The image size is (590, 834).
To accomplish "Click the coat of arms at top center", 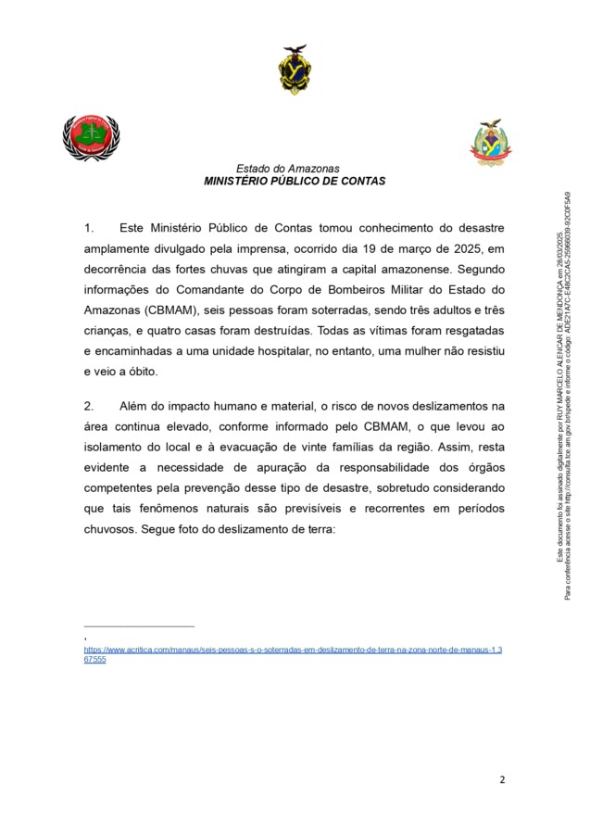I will click(x=295, y=69).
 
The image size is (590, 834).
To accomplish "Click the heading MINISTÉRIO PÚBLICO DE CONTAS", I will click(x=295, y=182).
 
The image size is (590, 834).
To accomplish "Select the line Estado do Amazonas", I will click(x=288, y=169).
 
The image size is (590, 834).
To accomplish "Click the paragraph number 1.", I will click(x=89, y=227).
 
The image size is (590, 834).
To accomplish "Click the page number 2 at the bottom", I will click(x=502, y=779).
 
